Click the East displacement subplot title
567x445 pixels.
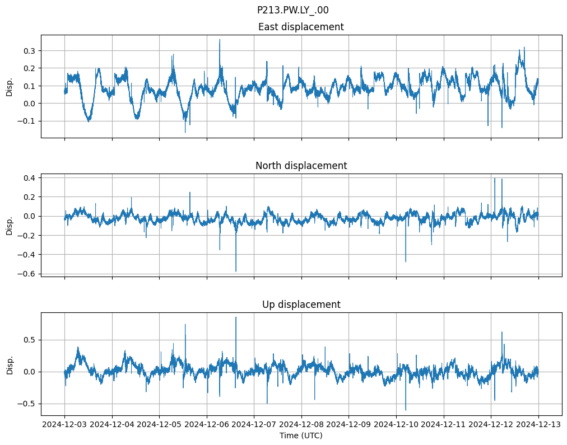pyautogui.click(x=301, y=27)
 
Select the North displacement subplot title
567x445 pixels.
pyautogui.click(x=301, y=166)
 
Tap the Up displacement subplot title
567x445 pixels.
pyautogui.click(x=301, y=305)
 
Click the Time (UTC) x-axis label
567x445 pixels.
pyautogui.click(x=301, y=435)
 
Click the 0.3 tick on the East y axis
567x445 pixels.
pyautogui.click(x=29, y=50)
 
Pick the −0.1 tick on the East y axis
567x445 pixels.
pyautogui.click(x=26, y=121)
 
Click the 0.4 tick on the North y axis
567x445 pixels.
pyautogui.click(x=29, y=178)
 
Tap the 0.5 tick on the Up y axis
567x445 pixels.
pyautogui.click(x=29, y=340)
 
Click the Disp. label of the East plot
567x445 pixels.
pyautogui.click(x=10, y=86)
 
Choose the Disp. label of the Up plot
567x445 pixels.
pyautogui.click(x=10, y=364)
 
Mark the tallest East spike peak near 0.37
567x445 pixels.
pyautogui.click(x=220, y=39)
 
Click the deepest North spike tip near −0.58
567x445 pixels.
pyautogui.click(x=236, y=271)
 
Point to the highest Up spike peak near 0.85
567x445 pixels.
pyautogui.click(x=236, y=317)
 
